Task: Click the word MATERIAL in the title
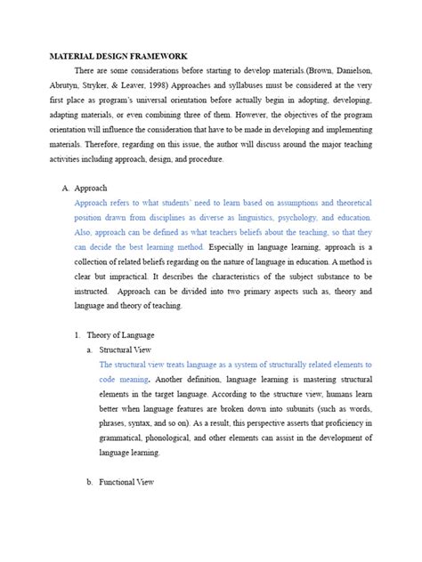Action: click(x=69, y=56)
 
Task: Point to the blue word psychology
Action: click(x=326, y=217)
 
